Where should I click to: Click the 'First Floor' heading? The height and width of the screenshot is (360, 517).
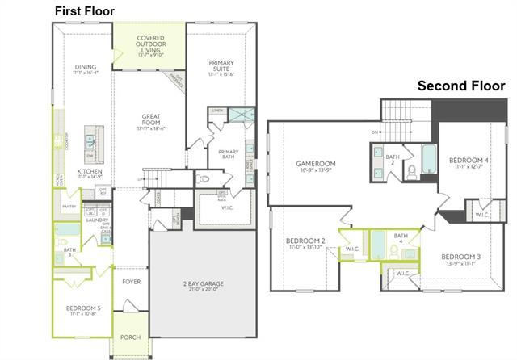click(84, 10)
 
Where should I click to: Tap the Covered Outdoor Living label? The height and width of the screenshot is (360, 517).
click(149, 45)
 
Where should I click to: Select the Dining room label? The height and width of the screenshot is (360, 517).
click(85, 70)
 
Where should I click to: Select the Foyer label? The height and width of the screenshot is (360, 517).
click(132, 282)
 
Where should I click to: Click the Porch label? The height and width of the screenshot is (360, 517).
click(130, 337)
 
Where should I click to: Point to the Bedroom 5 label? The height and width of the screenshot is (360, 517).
click(82, 308)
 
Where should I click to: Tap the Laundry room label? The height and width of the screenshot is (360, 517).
click(98, 220)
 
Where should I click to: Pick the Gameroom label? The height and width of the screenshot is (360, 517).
click(315, 167)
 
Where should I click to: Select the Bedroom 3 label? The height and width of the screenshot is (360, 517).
click(461, 260)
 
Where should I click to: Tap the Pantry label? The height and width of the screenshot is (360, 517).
click(69, 207)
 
